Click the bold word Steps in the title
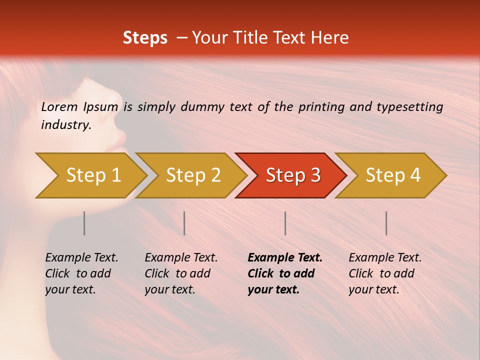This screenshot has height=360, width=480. (145, 38)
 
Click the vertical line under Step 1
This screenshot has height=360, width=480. (84, 223)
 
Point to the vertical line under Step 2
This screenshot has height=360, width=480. (184, 223)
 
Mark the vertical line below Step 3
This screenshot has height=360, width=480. (285, 223)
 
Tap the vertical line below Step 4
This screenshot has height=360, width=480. (386, 223)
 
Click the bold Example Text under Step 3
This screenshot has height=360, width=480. (285, 257)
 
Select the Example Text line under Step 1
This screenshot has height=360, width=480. (81, 257)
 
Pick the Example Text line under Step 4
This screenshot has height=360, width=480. (385, 257)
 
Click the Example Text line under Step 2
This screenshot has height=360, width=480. (181, 257)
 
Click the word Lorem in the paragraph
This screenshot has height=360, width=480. (59, 106)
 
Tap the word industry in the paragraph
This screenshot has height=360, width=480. (65, 125)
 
